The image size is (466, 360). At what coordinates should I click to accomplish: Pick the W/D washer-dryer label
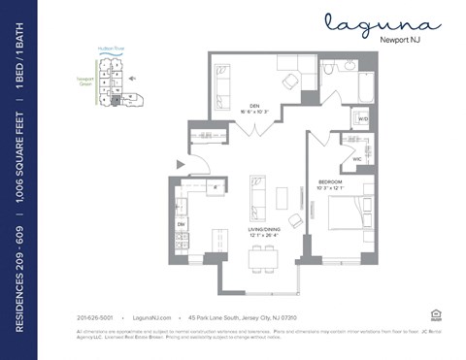tap(362, 119)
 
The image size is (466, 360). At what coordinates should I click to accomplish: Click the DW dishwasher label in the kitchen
tap(182, 224)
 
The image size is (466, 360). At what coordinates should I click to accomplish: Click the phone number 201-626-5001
tap(94, 317)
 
